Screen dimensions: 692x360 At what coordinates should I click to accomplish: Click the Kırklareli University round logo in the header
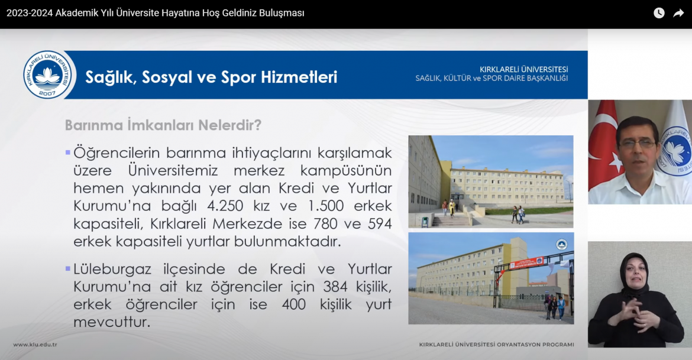tap(48, 74)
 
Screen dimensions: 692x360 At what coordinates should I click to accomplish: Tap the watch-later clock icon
tap(659, 13)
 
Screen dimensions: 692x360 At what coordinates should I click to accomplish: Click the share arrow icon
tap(678, 13)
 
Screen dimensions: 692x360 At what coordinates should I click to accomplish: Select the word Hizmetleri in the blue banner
tap(299, 77)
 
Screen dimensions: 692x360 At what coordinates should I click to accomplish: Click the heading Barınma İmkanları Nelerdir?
tap(163, 125)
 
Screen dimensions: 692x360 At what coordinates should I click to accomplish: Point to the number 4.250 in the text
tap(225, 206)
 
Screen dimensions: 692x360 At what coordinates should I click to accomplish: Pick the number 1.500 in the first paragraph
tap(326, 206)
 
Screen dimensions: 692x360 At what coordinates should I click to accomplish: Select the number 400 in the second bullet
tap(294, 304)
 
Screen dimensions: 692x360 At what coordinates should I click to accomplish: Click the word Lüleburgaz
tap(112, 270)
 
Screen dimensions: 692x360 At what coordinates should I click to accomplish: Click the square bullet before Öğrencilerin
tap(68, 153)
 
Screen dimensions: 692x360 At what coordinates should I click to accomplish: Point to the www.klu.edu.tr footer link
tap(35, 345)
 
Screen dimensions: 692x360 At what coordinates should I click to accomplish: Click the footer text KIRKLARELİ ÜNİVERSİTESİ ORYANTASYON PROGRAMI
tap(496, 345)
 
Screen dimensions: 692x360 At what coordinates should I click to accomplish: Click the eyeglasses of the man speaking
tap(637, 144)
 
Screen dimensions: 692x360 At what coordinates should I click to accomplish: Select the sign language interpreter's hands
tap(635, 314)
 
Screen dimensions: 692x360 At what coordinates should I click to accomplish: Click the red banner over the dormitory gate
tap(526, 263)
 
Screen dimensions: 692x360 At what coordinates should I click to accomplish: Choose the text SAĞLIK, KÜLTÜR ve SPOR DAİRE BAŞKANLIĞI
tap(491, 79)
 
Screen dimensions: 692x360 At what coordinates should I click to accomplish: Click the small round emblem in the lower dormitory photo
tap(561, 244)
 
